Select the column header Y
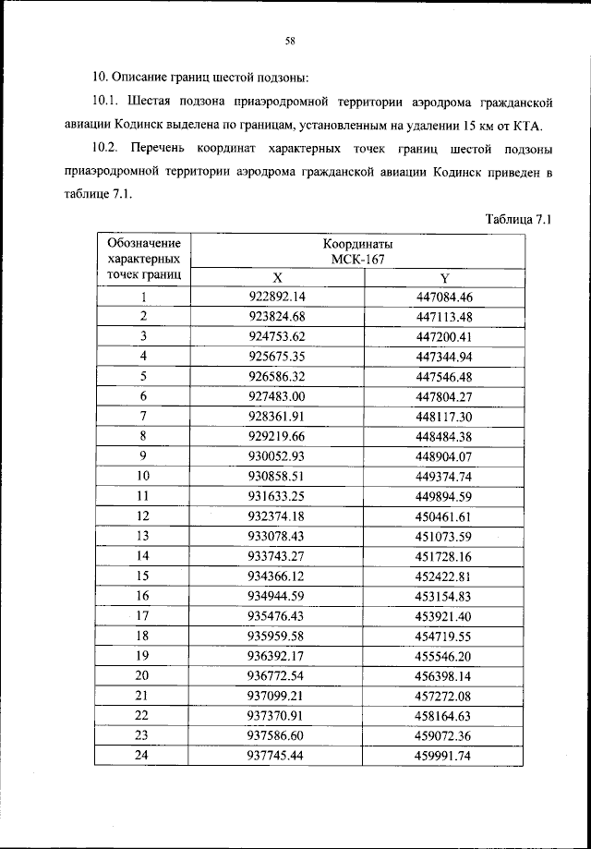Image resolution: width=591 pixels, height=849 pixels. pos(444,278)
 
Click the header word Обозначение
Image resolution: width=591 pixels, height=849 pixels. pos(143,243)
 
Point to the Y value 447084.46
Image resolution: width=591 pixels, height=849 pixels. pos(444,297)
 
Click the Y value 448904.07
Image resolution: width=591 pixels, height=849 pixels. pos(444,456)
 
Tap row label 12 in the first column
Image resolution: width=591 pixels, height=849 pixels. pos(143,515)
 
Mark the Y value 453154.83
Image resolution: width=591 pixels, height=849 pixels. pos(444,596)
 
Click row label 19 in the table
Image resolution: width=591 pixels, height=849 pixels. pos(143,655)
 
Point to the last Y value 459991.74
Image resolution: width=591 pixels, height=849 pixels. pos(444,755)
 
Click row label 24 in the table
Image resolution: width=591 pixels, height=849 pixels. pos(143,755)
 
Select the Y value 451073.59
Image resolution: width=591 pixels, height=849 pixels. pos(444,536)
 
